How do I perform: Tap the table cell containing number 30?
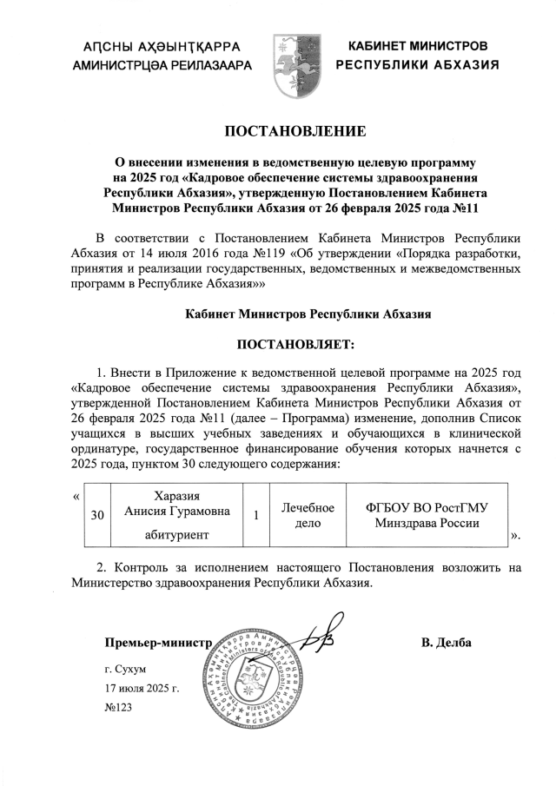coord(98,515)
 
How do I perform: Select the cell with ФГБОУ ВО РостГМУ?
coord(427,515)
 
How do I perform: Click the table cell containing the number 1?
coord(256,515)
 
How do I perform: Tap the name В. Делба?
coord(446,643)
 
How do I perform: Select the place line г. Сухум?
coord(126,670)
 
